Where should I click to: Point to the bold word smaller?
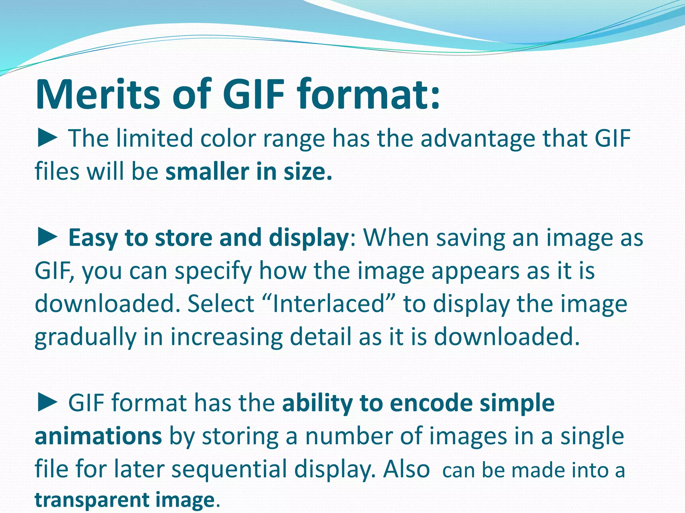click(207, 172)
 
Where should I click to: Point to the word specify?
click(213, 271)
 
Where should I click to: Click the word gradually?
click(85, 337)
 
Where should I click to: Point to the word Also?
click(406, 469)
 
